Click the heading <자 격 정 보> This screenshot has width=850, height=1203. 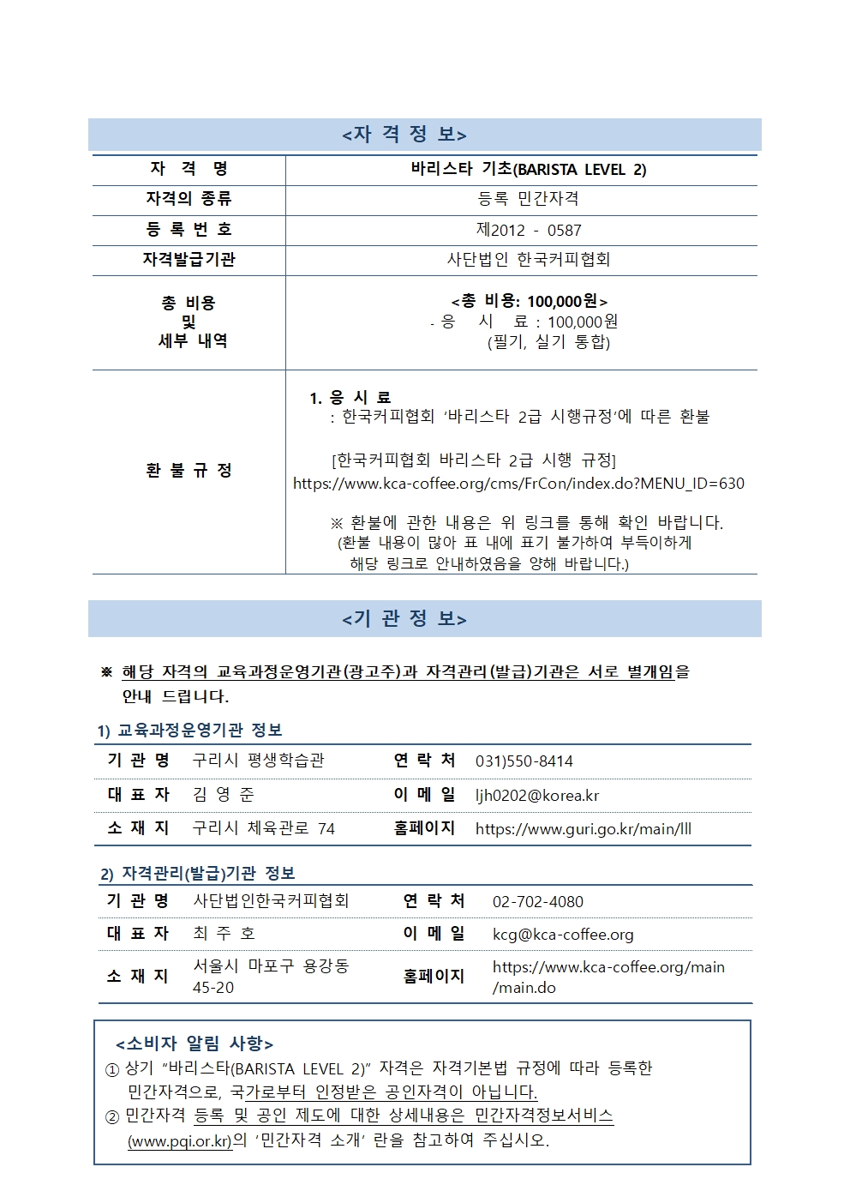404,135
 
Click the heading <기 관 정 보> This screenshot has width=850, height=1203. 404,618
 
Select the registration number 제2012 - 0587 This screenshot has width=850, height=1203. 528,230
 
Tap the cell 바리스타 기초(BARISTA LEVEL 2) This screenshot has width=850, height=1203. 528,169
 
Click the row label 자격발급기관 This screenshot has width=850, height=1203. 189,259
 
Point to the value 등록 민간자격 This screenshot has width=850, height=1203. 528,199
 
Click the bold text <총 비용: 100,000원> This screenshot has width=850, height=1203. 529,301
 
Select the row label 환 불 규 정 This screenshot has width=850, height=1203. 189,470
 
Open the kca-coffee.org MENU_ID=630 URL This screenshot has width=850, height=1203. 518,484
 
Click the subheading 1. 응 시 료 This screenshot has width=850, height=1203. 350,397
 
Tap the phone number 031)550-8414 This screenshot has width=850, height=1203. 524,761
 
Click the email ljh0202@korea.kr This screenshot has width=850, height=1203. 536,796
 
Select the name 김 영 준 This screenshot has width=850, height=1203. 223,795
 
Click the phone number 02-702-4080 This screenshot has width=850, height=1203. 537,902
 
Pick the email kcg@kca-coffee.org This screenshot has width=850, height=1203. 562,935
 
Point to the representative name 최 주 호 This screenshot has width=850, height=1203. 223,934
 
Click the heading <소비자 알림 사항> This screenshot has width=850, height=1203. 195,1044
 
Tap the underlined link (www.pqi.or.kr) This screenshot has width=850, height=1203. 180,1141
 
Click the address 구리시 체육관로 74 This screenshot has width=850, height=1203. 263,828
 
